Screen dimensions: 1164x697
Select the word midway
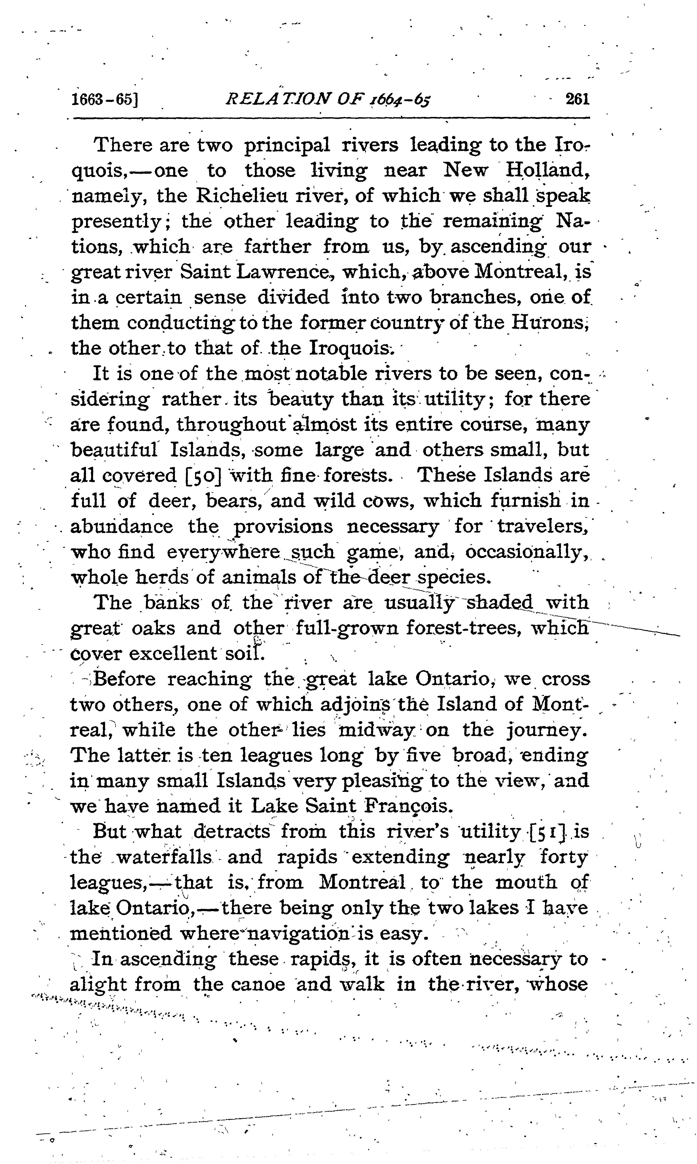(x=377, y=730)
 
